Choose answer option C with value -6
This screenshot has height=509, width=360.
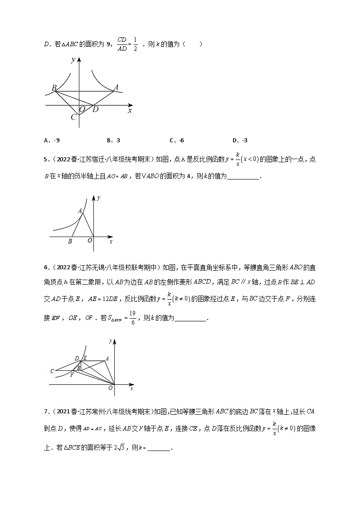pyautogui.click(x=176, y=141)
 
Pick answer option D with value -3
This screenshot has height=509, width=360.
pyautogui.click(x=239, y=141)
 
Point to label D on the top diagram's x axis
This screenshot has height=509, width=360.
pyautogui.click(x=95, y=109)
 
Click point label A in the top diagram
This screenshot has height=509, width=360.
pyautogui.click(x=116, y=87)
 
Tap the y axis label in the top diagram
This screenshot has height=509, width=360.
pyautogui.click(x=73, y=60)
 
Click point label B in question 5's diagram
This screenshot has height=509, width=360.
pyautogui.click(x=70, y=242)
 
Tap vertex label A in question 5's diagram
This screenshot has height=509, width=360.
pyautogui.click(x=80, y=210)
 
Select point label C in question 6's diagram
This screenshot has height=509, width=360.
pyautogui.click(x=53, y=371)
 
